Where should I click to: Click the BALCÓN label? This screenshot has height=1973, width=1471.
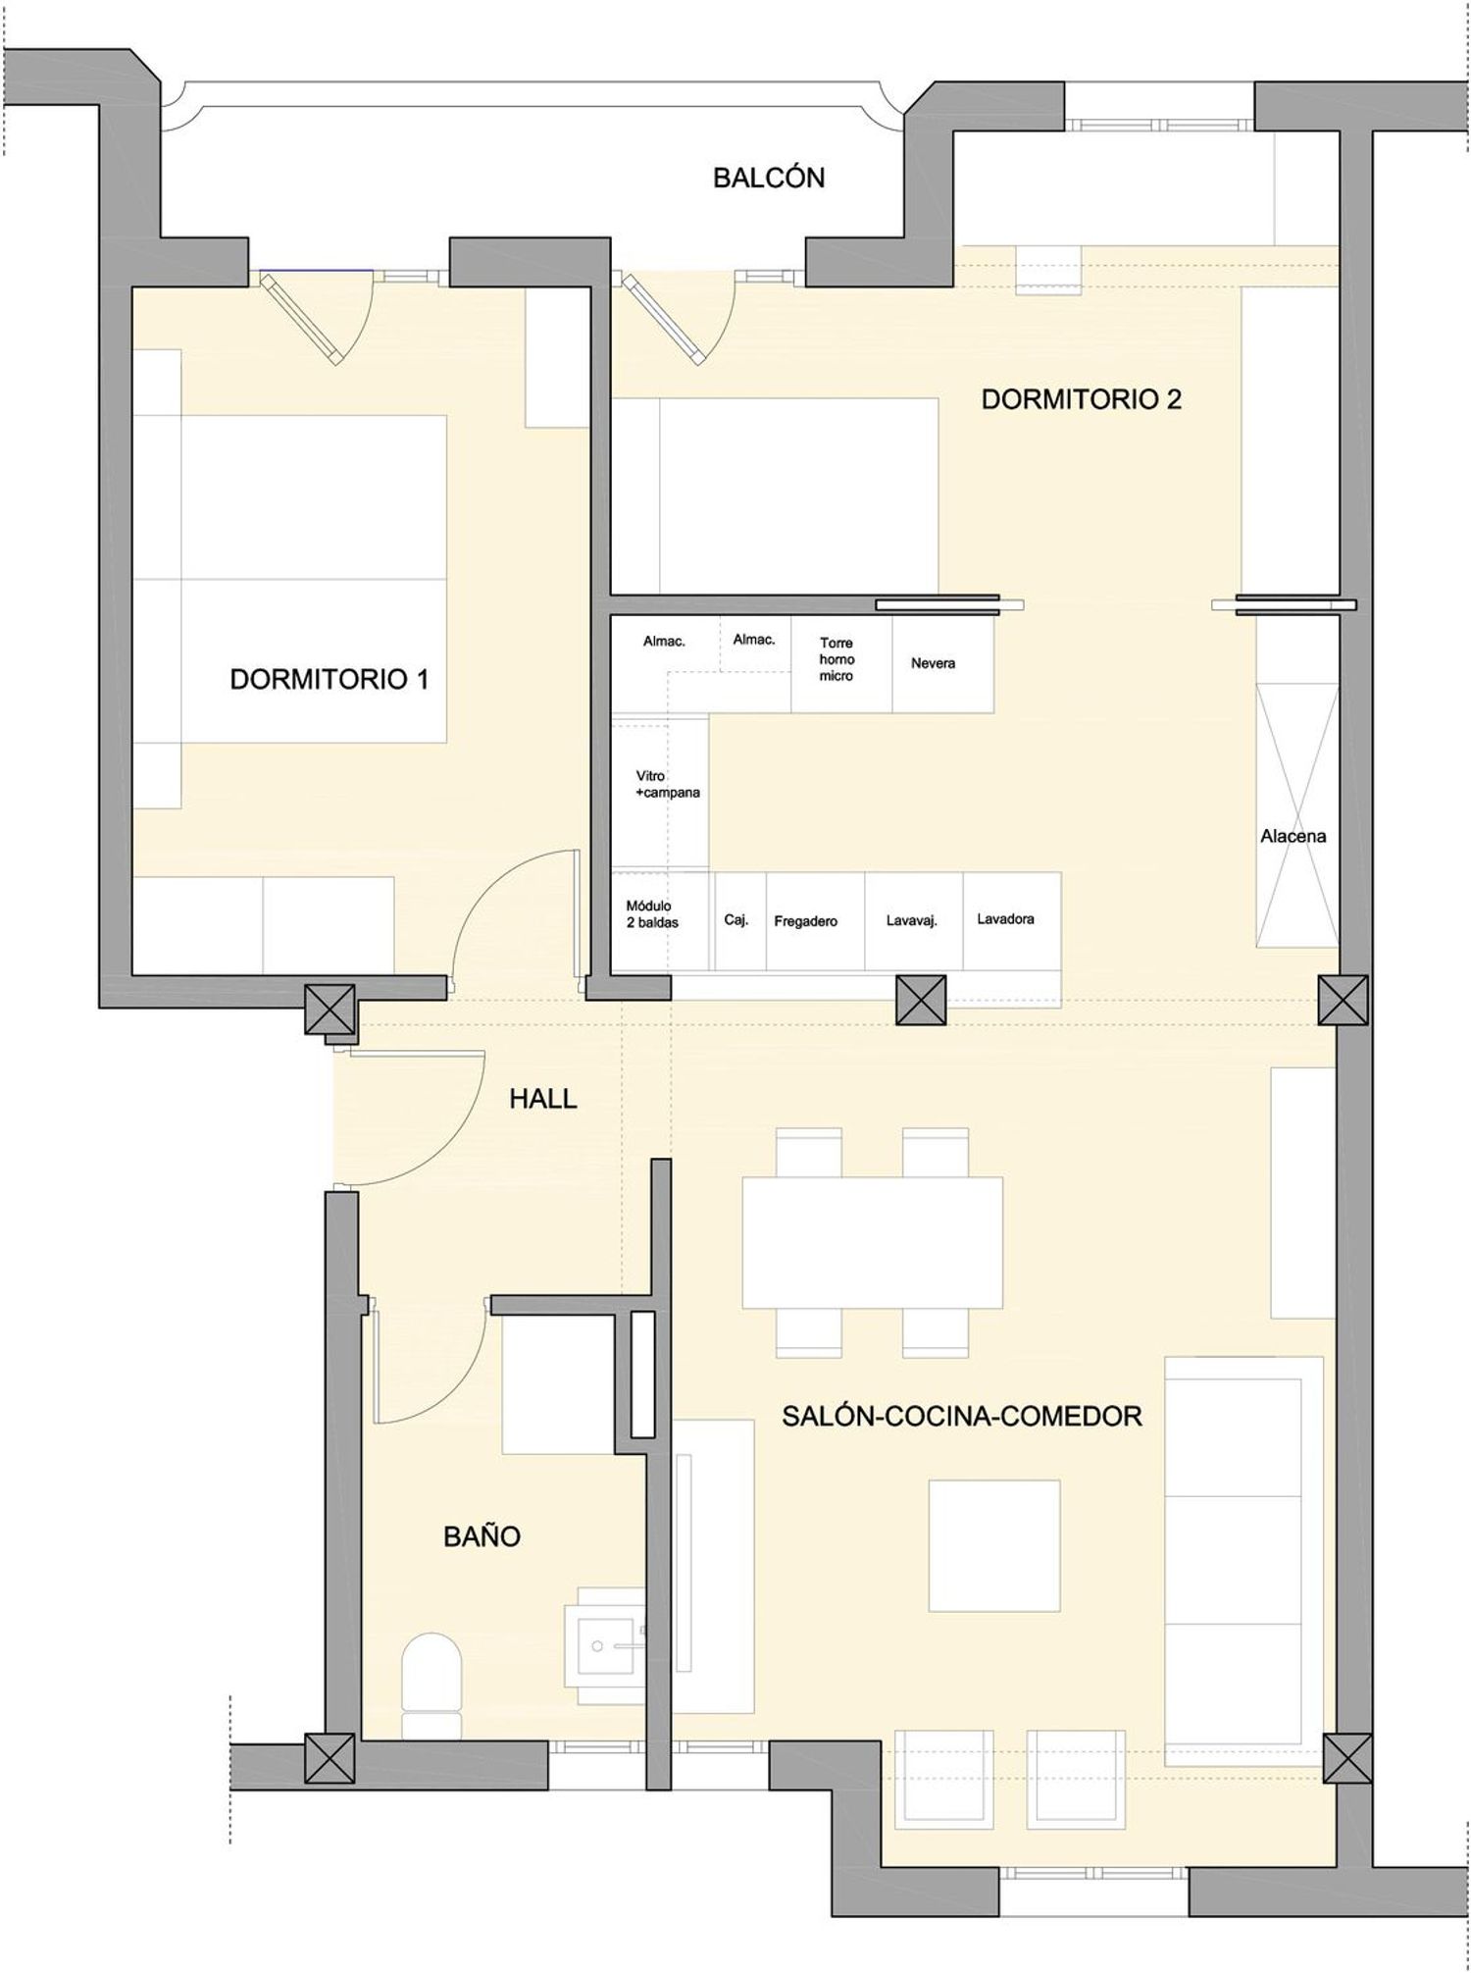coord(769,178)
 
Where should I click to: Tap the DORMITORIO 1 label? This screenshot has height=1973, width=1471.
coord(329,679)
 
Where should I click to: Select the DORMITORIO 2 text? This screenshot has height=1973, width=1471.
coord(1082,399)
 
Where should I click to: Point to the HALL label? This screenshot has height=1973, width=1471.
coord(543,1099)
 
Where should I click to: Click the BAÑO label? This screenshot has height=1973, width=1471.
coord(482,1536)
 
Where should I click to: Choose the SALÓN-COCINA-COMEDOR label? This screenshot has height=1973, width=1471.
coord(962,1416)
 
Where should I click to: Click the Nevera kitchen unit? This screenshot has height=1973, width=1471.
coord(942,664)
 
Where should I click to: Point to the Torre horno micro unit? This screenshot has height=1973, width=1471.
coord(841,664)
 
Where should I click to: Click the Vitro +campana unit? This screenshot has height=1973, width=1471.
coord(660,792)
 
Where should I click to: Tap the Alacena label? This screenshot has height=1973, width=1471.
coord(1293,837)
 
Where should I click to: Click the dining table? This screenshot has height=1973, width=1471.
coord(873,1242)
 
